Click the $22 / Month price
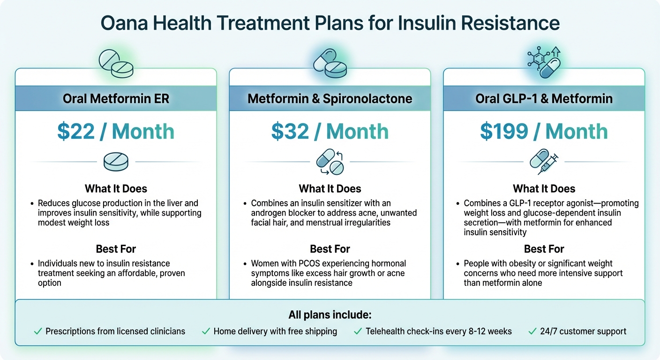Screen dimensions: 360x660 (x=116, y=132)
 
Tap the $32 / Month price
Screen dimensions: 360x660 (x=330, y=132)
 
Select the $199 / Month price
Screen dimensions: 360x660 (x=544, y=132)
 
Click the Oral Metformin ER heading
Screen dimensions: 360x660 (x=116, y=99)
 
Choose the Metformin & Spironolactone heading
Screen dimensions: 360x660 (x=330, y=99)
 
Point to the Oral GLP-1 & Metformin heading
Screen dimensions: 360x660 (x=544, y=99)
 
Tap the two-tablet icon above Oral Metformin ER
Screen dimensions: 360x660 (x=116, y=65)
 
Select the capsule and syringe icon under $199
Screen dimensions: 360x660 (x=544, y=162)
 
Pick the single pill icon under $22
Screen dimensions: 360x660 (x=116, y=162)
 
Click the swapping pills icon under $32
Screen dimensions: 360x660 (x=330, y=162)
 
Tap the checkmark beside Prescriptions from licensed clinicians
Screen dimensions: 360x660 (x=38, y=331)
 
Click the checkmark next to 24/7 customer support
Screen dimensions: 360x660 (x=532, y=331)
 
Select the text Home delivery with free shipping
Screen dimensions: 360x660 (x=275, y=331)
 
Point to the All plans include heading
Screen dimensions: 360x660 (x=330, y=315)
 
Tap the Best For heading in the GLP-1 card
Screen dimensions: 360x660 (x=544, y=249)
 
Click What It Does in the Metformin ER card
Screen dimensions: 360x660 (x=116, y=189)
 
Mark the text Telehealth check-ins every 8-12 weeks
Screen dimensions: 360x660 (x=438, y=331)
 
